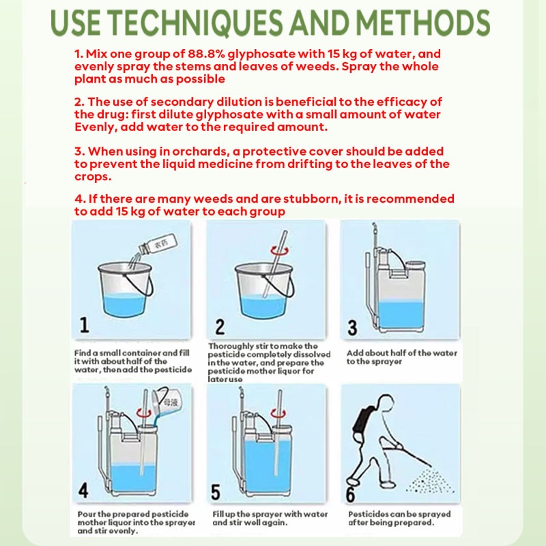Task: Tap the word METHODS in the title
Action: pyautogui.click(x=422, y=23)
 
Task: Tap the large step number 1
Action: pyautogui.click(x=84, y=325)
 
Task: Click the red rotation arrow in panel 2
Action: pyautogui.click(x=280, y=250)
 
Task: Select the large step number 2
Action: pyautogui.click(x=220, y=327)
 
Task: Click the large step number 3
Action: pyautogui.click(x=352, y=328)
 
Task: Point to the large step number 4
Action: pyautogui.click(x=83, y=490)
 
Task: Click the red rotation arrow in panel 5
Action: pyautogui.click(x=278, y=414)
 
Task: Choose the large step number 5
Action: pyautogui.click(x=216, y=492)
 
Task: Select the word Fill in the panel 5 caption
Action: pyautogui.click(x=218, y=514)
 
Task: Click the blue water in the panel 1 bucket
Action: pyautogui.click(x=125, y=304)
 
